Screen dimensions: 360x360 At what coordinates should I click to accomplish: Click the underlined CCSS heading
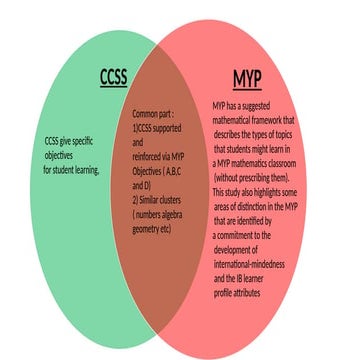(113, 78)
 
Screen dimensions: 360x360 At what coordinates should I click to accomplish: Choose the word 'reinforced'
(148, 157)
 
